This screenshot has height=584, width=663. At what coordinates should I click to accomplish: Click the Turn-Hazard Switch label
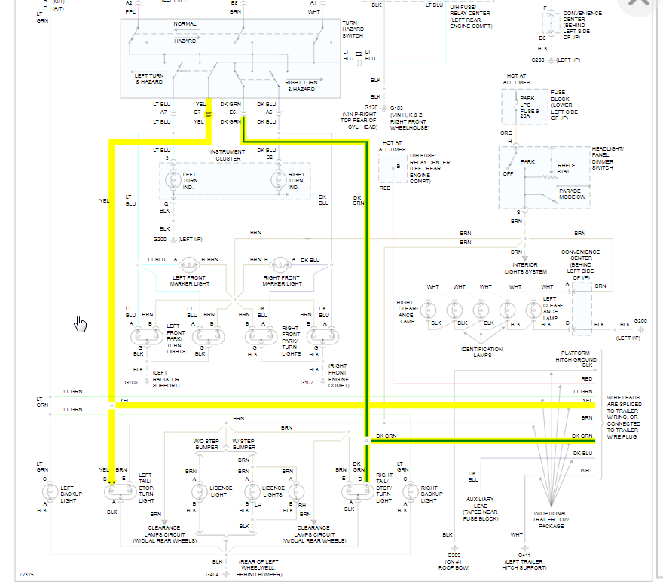(353, 29)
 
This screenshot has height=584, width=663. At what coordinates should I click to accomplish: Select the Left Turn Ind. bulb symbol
(173, 181)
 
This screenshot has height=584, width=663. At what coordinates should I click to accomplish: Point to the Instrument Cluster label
(227, 155)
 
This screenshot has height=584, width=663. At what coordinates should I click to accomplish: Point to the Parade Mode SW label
(575, 194)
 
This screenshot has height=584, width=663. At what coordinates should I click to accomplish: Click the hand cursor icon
(81, 324)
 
